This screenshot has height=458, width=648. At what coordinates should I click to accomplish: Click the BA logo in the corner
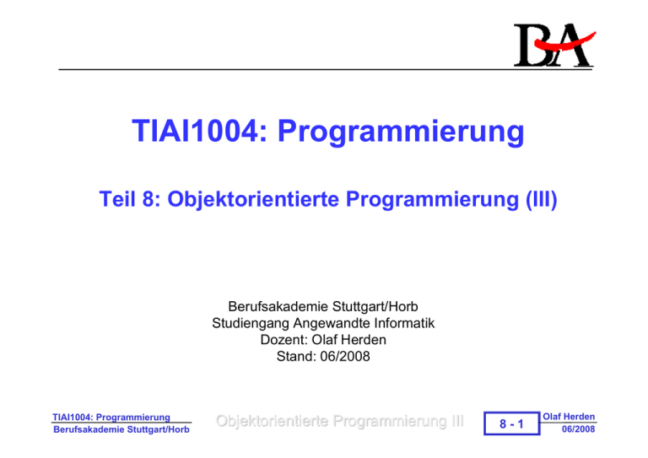tap(553, 45)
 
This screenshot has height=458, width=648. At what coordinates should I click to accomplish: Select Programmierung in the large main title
tap(401, 132)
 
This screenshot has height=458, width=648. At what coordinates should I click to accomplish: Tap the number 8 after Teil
tap(148, 199)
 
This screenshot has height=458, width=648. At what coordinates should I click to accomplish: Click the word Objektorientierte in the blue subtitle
tap(253, 199)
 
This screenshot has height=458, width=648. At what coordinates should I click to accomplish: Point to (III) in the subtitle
tap(542, 199)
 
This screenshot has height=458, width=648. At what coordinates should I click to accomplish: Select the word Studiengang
tap(251, 323)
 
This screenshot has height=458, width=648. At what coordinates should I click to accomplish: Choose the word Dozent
tap(283, 340)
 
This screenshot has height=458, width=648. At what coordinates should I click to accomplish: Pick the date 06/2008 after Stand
tap(345, 357)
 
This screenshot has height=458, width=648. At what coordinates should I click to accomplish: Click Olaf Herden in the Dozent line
tap(348, 340)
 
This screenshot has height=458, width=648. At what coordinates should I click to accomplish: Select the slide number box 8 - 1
tap(511, 423)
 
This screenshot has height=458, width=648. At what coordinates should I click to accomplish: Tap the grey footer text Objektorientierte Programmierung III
tap(340, 421)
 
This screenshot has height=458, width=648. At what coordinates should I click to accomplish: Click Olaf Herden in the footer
tap(569, 417)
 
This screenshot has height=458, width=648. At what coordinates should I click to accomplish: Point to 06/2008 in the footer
tap(578, 429)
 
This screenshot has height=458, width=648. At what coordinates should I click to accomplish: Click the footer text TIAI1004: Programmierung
tap(111, 418)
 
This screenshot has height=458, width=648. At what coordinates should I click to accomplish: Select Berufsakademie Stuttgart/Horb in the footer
tap(121, 429)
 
